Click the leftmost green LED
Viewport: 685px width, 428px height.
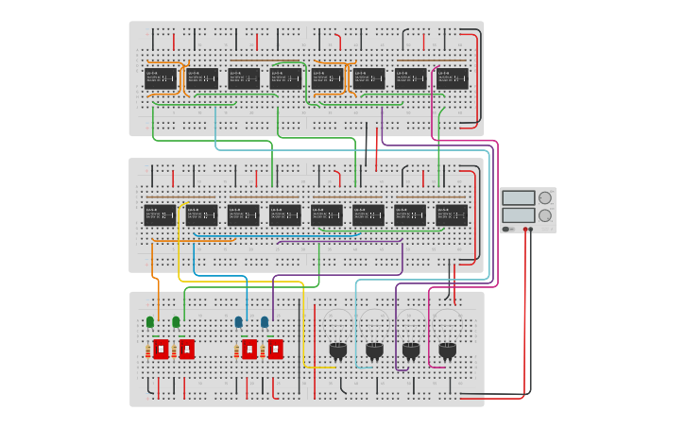coord(150,322)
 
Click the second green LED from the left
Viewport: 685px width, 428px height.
coord(176,322)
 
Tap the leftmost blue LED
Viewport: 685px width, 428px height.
coord(239,322)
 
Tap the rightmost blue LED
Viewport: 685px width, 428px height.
coord(265,322)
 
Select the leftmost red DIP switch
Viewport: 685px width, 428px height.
coord(161,349)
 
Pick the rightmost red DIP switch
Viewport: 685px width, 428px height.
coord(275,349)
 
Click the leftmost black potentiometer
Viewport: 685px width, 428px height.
coord(338,351)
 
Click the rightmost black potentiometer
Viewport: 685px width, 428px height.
coord(447,351)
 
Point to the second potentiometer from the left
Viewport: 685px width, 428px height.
coord(374,351)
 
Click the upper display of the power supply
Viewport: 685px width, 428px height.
coord(519,198)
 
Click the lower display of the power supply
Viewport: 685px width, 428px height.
coord(519,215)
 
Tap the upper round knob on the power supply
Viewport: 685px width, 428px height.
coord(545,198)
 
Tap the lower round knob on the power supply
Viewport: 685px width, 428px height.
coord(545,215)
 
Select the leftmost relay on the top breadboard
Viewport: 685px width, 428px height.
coord(160,77)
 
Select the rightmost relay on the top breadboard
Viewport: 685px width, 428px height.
coord(452,77)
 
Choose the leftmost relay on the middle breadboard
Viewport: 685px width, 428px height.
coord(160,214)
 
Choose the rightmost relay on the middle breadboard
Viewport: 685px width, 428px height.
coord(452,214)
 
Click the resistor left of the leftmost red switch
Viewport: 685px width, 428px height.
coord(148,351)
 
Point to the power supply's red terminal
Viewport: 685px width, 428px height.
coord(525,229)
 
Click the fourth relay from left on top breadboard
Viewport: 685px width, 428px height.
coord(285,77)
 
